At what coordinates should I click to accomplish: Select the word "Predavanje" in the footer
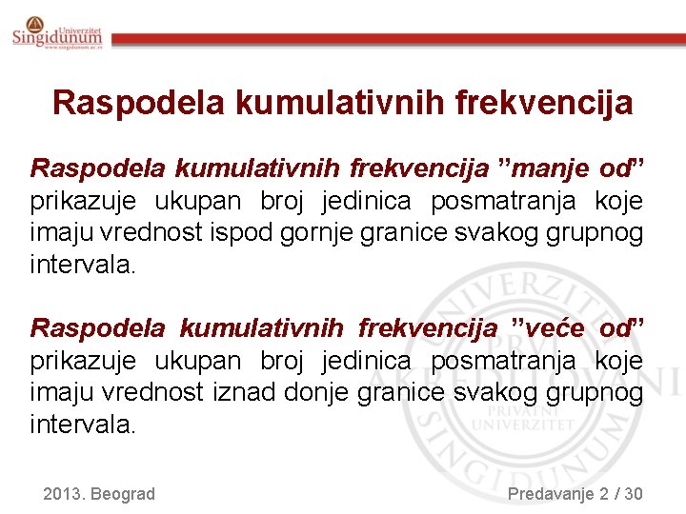[550, 493]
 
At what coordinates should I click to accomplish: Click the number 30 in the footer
[632, 493]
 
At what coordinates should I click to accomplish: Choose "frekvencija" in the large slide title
[549, 102]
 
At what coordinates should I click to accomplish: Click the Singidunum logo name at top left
[57, 37]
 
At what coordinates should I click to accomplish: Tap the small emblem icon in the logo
[34, 23]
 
